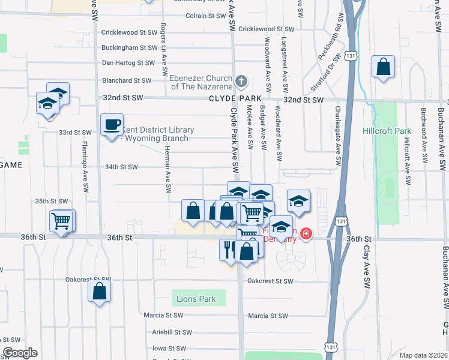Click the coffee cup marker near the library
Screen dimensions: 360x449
(112, 125)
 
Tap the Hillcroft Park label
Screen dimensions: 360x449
(387, 131)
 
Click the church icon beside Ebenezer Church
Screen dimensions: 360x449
(241, 81)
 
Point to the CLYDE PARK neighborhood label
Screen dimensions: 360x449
(235, 98)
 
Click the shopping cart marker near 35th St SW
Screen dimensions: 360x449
(61, 221)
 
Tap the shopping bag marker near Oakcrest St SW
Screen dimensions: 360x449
(100, 292)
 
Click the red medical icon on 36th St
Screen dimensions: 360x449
(306, 233)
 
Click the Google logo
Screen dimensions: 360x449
(20, 353)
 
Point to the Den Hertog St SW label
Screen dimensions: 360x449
(128, 62)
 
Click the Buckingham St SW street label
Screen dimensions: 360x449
(129, 47)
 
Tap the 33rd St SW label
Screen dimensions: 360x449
(75, 133)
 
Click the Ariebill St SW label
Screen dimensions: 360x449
(172, 332)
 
